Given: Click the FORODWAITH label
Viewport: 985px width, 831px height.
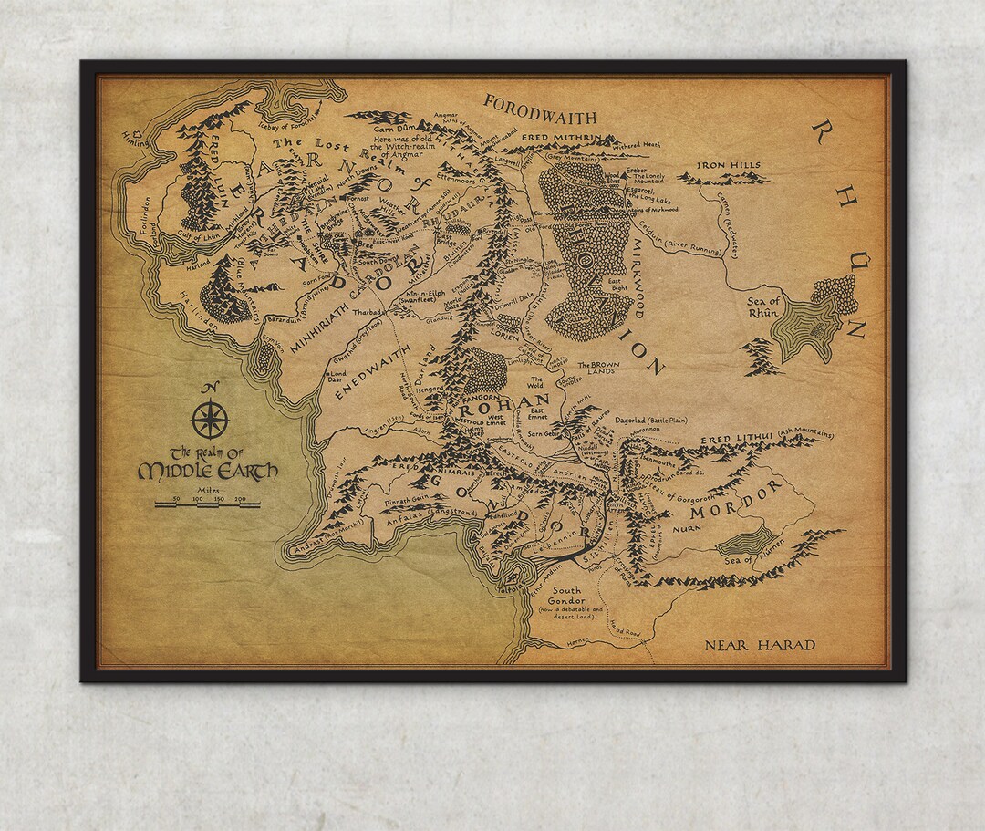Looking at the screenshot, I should click(540, 109).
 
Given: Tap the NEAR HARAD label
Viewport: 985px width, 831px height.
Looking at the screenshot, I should click(760, 646).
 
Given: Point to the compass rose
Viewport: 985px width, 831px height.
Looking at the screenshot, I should click(209, 420).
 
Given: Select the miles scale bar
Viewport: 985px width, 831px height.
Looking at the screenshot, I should click(208, 504).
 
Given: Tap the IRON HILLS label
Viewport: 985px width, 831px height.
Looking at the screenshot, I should click(729, 166).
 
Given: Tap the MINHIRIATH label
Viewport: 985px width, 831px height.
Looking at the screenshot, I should click(329, 324).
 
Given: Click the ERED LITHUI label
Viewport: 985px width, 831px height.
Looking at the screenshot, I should click(736, 440).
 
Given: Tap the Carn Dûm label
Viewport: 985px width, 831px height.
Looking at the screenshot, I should click(396, 129).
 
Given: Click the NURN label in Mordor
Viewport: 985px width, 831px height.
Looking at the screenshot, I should click(686, 528).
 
